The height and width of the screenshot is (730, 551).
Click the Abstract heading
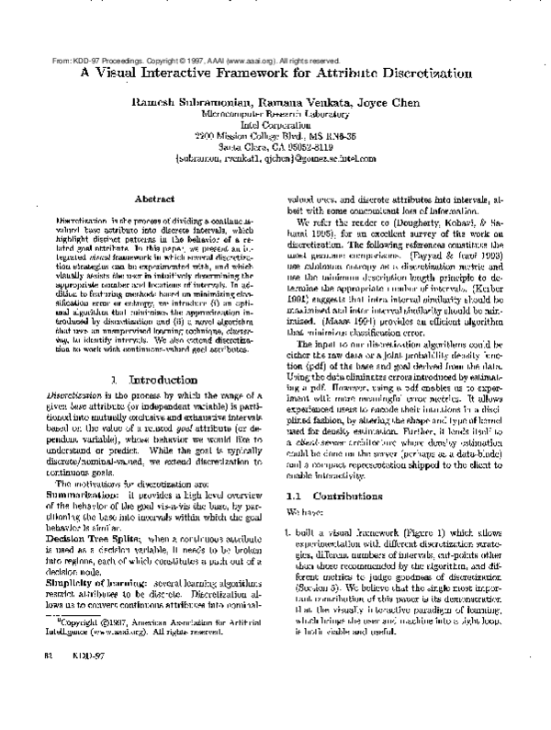point(149,198)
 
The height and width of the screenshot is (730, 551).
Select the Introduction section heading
point(148,379)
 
